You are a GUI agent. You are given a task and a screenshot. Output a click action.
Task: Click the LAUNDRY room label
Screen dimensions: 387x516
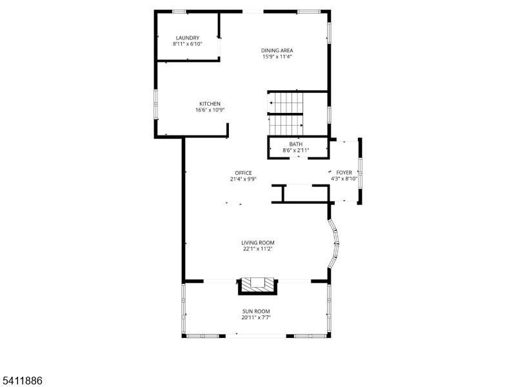pyautogui.click(x=187, y=37)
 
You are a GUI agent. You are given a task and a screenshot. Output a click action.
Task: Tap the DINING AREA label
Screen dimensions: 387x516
pyautogui.click(x=277, y=50)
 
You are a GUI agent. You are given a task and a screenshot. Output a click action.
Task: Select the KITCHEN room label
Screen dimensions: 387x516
pyautogui.click(x=210, y=104)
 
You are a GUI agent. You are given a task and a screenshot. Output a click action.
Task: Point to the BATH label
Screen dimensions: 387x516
pyautogui.click(x=295, y=144)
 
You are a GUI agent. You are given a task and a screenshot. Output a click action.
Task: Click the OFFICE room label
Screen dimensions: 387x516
pyautogui.click(x=243, y=173)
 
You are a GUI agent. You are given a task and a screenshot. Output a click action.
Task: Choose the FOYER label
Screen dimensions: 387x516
pyautogui.click(x=344, y=173)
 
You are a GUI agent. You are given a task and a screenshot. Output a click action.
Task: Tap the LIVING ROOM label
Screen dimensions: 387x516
pyautogui.click(x=258, y=243)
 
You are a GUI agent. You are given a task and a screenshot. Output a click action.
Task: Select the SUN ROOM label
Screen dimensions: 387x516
pyautogui.click(x=256, y=311)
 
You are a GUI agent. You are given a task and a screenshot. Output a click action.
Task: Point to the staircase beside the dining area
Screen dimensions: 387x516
pyautogui.click(x=286, y=112)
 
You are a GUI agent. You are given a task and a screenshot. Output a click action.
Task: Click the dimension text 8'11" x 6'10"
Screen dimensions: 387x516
pyautogui.click(x=187, y=44)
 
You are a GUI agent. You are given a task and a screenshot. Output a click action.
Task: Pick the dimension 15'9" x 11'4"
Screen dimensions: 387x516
pyautogui.click(x=277, y=57)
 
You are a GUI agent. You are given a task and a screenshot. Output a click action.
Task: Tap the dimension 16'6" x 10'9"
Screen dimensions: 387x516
pyautogui.click(x=210, y=110)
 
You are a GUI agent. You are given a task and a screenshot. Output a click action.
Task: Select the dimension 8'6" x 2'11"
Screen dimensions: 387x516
pyautogui.click(x=296, y=150)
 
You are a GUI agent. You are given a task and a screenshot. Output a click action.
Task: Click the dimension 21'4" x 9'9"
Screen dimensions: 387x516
pyautogui.click(x=243, y=179)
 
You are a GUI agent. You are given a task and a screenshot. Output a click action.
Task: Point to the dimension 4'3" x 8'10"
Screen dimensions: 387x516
pyautogui.click(x=344, y=179)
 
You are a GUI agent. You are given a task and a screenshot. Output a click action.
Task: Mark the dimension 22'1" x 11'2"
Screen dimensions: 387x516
pyautogui.click(x=258, y=249)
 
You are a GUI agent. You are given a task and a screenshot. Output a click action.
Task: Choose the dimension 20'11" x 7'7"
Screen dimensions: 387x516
pyautogui.click(x=256, y=317)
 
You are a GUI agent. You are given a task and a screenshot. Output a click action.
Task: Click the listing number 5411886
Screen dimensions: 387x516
pyautogui.click(x=22, y=381)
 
